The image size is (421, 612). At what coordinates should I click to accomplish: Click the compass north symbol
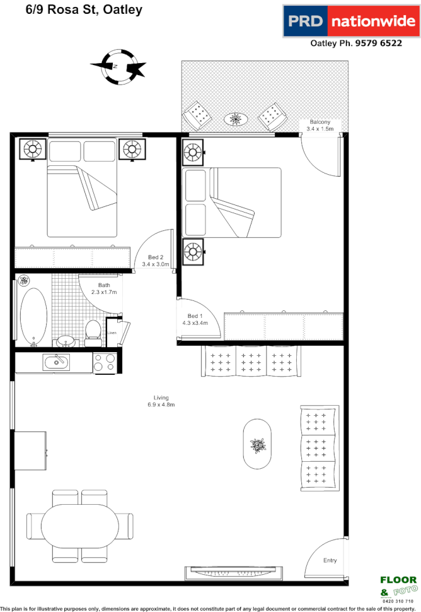tap(118, 66)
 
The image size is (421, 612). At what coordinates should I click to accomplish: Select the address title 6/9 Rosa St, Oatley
tap(84, 9)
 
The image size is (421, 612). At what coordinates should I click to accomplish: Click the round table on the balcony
tap(236, 118)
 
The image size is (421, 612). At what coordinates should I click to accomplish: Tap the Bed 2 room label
tap(156, 261)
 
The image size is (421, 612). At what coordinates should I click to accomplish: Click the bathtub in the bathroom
tap(33, 315)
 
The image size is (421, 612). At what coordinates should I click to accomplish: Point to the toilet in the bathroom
tap(93, 332)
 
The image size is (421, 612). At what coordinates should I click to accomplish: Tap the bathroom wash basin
tap(65, 341)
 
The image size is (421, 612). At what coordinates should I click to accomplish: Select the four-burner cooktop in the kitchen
tap(104, 362)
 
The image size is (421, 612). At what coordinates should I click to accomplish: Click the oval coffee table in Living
tap(257, 445)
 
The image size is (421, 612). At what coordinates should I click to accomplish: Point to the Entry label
tap(330, 560)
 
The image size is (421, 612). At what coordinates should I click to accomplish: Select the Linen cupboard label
tap(112, 333)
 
